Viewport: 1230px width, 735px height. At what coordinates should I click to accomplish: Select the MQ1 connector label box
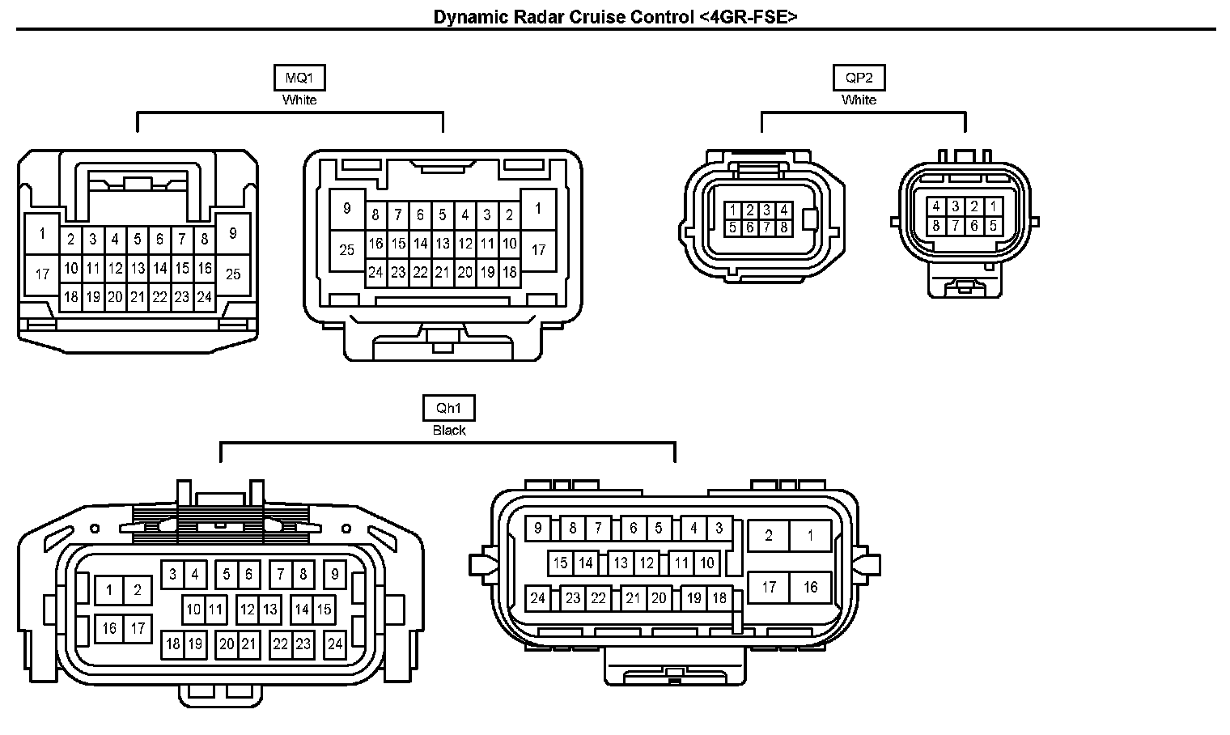click(x=299, y=78)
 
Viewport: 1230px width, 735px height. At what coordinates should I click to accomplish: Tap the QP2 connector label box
click(x=859, y=78)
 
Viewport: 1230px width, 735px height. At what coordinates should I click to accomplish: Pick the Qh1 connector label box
click(x=448, y=408)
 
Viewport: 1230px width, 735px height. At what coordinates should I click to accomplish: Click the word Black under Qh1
click(x=448, y=430)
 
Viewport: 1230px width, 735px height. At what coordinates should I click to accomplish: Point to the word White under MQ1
click(x=299, y=100)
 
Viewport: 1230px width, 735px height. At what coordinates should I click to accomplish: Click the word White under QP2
click(x=859, y=100)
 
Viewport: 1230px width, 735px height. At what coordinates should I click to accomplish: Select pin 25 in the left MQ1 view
click(x=233, y=274)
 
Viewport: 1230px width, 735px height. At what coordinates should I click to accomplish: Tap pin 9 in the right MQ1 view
click(x=347, y=209)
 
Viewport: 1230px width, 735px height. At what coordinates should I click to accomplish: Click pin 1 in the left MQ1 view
click(x=42, y=234)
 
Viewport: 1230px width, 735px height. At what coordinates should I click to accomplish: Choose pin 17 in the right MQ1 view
click(x=538, y=250)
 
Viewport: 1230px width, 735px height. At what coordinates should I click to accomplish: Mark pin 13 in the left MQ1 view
click(x=138, y=268)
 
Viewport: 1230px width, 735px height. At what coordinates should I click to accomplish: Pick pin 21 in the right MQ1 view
click(x=443, y=273)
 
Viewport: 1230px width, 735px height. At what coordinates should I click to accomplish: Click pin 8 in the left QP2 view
click(x=783, y=227)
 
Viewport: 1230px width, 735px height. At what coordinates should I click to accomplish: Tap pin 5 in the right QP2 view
click(x=993, y=226)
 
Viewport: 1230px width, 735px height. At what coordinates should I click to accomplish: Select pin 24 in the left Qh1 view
click(x=334, y=644)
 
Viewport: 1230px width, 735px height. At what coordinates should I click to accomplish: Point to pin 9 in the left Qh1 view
click(x=334, y=575)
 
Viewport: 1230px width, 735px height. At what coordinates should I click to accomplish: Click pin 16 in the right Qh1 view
click(x=810, y=588)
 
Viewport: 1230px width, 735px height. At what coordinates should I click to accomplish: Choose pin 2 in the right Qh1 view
click(x=768, y=535)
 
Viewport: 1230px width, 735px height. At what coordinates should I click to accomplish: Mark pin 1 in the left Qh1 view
click(x=109, y=590)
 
